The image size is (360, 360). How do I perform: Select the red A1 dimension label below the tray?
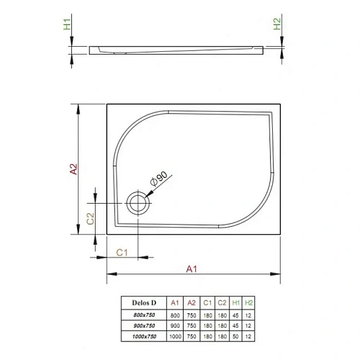(x=192, y=269)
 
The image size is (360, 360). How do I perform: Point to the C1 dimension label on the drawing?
(x=122, y=251)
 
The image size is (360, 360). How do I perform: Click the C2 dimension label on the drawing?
(x=91, y=218)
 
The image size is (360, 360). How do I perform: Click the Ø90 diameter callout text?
(x=158, y=180)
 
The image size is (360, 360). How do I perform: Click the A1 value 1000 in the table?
(x=175, y=336)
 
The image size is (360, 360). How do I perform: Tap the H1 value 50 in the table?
(x=235, y=336)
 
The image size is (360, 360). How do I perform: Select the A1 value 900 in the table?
(x=175, y=325)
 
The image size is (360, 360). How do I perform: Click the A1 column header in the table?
(x=175, y=302)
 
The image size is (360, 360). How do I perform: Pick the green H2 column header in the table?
(x=249, y=302)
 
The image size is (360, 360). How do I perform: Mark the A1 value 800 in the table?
(x=175, y=315)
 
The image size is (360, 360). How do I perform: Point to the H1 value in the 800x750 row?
(x=235, y=315)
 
